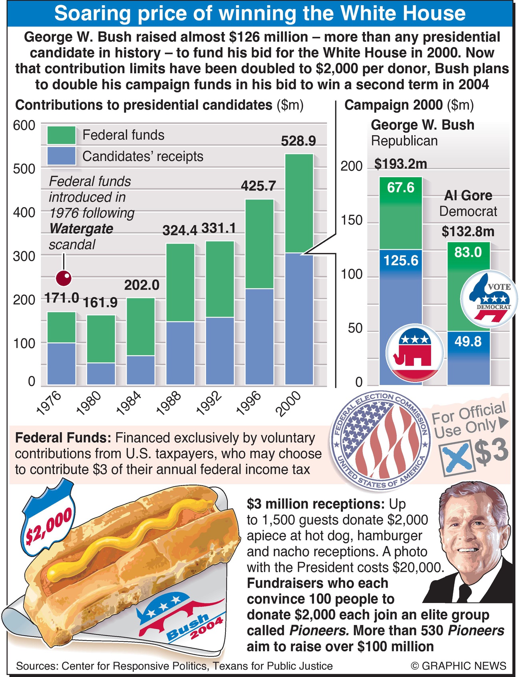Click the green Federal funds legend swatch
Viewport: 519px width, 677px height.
click(x=61, y=135)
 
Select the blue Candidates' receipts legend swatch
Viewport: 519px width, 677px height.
click(x=61, y=156)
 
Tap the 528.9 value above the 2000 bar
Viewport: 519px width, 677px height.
click(x=298, y=141)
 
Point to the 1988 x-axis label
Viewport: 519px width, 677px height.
click(x=169, y=403)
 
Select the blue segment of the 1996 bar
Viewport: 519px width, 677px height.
click(x=259, y=336)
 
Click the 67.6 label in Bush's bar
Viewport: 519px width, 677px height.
click(x=400, y=188)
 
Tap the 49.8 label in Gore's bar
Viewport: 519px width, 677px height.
click(x=468, y=342)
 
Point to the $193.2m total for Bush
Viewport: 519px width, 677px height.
click(x=400, y=164)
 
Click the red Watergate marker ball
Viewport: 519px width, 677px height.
click(x=64, y=278)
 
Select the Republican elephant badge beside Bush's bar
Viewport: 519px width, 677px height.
click(x=415, y=352)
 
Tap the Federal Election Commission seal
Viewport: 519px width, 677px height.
click(x=380, y=440)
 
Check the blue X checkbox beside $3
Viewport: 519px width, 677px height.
click(x=456, y=457)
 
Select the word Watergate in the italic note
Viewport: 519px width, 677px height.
click(x=81, y=229)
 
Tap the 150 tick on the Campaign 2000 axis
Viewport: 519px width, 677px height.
click(x=351, y=220)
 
